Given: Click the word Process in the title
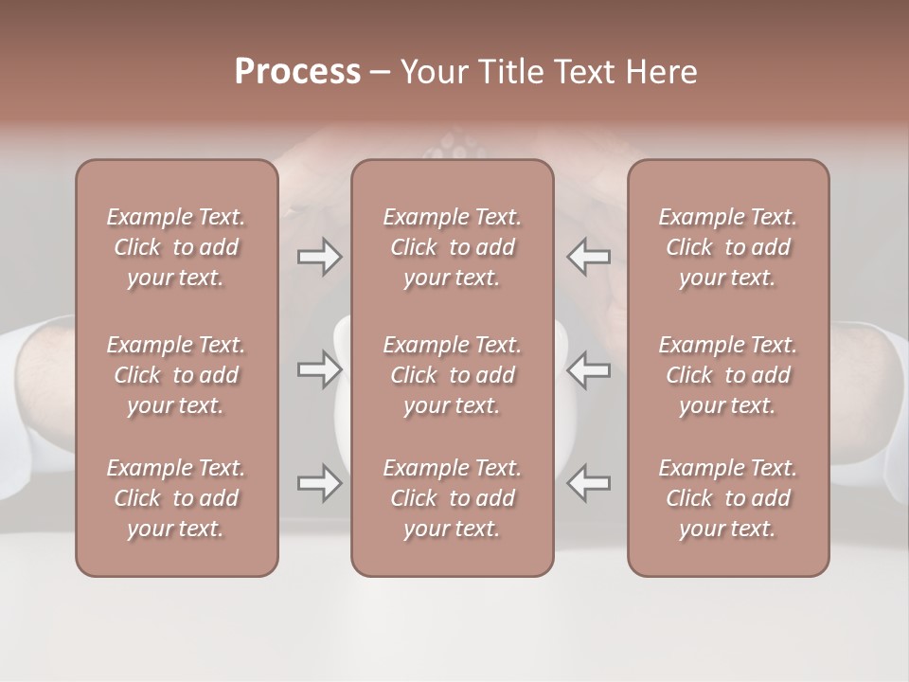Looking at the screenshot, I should click(297, 71).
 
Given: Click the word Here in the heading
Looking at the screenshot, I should click(660, 71).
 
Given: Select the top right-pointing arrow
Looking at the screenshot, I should click(319, 256).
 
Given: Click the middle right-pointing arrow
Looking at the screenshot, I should click(319, 369).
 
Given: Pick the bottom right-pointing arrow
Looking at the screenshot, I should click(319, 483).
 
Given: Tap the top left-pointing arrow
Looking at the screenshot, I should click(588, 256).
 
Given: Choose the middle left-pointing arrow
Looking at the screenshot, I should click(588, 369).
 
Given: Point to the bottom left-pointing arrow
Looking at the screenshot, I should click(588, 483).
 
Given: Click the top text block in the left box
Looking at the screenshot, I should click(176, 247).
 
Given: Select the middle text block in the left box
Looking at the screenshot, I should click(176, 375).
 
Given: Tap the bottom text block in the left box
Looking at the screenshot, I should click(176, 498).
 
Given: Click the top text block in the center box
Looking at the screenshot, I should click(452, 247).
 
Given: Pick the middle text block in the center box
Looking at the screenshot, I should click(452, 375).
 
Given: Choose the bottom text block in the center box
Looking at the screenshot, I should click(452, 498).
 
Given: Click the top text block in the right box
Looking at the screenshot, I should click(727, 247).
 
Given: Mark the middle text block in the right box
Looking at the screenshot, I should click(727, 375).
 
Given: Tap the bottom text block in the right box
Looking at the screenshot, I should click(727, 498).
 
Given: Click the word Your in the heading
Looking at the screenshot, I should click(432, 71).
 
